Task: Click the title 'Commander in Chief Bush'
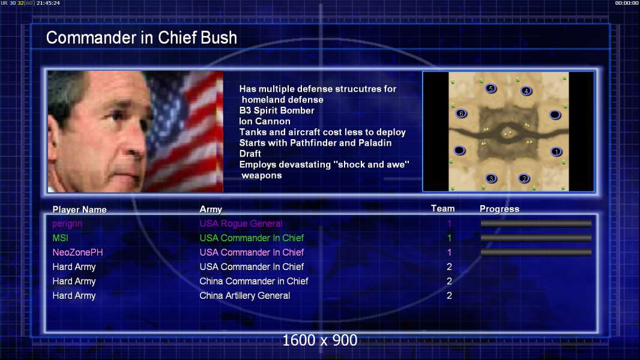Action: pos(141,38)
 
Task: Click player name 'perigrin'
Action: pos(67,224)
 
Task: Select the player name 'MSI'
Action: pos(61,238)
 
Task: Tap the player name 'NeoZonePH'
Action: pos(77,253)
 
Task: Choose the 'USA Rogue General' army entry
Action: pos(241,223)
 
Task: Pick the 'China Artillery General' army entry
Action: pos(244,296)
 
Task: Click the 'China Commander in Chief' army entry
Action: pos(253,281)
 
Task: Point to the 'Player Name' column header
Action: pos(80,209)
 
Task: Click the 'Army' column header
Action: pos(211,209)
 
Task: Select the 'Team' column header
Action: pos(443,209)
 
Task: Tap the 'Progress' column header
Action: pos(500,209)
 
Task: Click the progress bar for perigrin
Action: pos(536,223)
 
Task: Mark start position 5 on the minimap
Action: pos(491,88)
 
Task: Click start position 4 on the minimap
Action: pos(527,91)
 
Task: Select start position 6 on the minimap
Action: pos(461,114)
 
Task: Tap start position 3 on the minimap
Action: pos(492,179)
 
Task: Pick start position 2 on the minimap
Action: pos(524,179)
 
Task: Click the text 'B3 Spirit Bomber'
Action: pos(277,110)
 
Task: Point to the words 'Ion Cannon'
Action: pos(265,121)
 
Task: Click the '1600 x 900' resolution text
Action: pos(320,340)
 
